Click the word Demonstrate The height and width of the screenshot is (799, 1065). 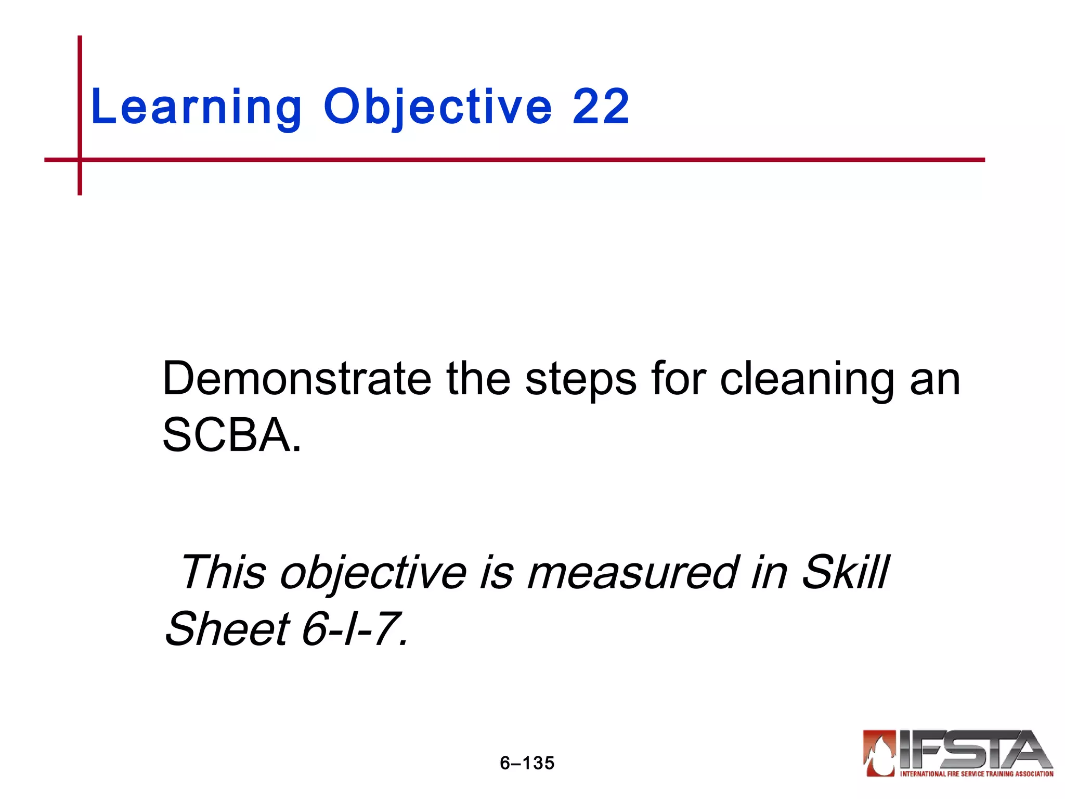(296, 379)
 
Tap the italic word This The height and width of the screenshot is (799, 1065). (223, 572)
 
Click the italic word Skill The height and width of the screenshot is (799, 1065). (845, 572)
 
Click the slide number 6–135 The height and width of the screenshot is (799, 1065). (527, 763)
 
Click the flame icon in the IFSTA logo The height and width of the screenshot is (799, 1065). (880, 753)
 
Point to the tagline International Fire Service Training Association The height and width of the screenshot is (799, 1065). (977, 774)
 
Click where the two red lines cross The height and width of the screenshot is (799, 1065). (80, 160)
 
